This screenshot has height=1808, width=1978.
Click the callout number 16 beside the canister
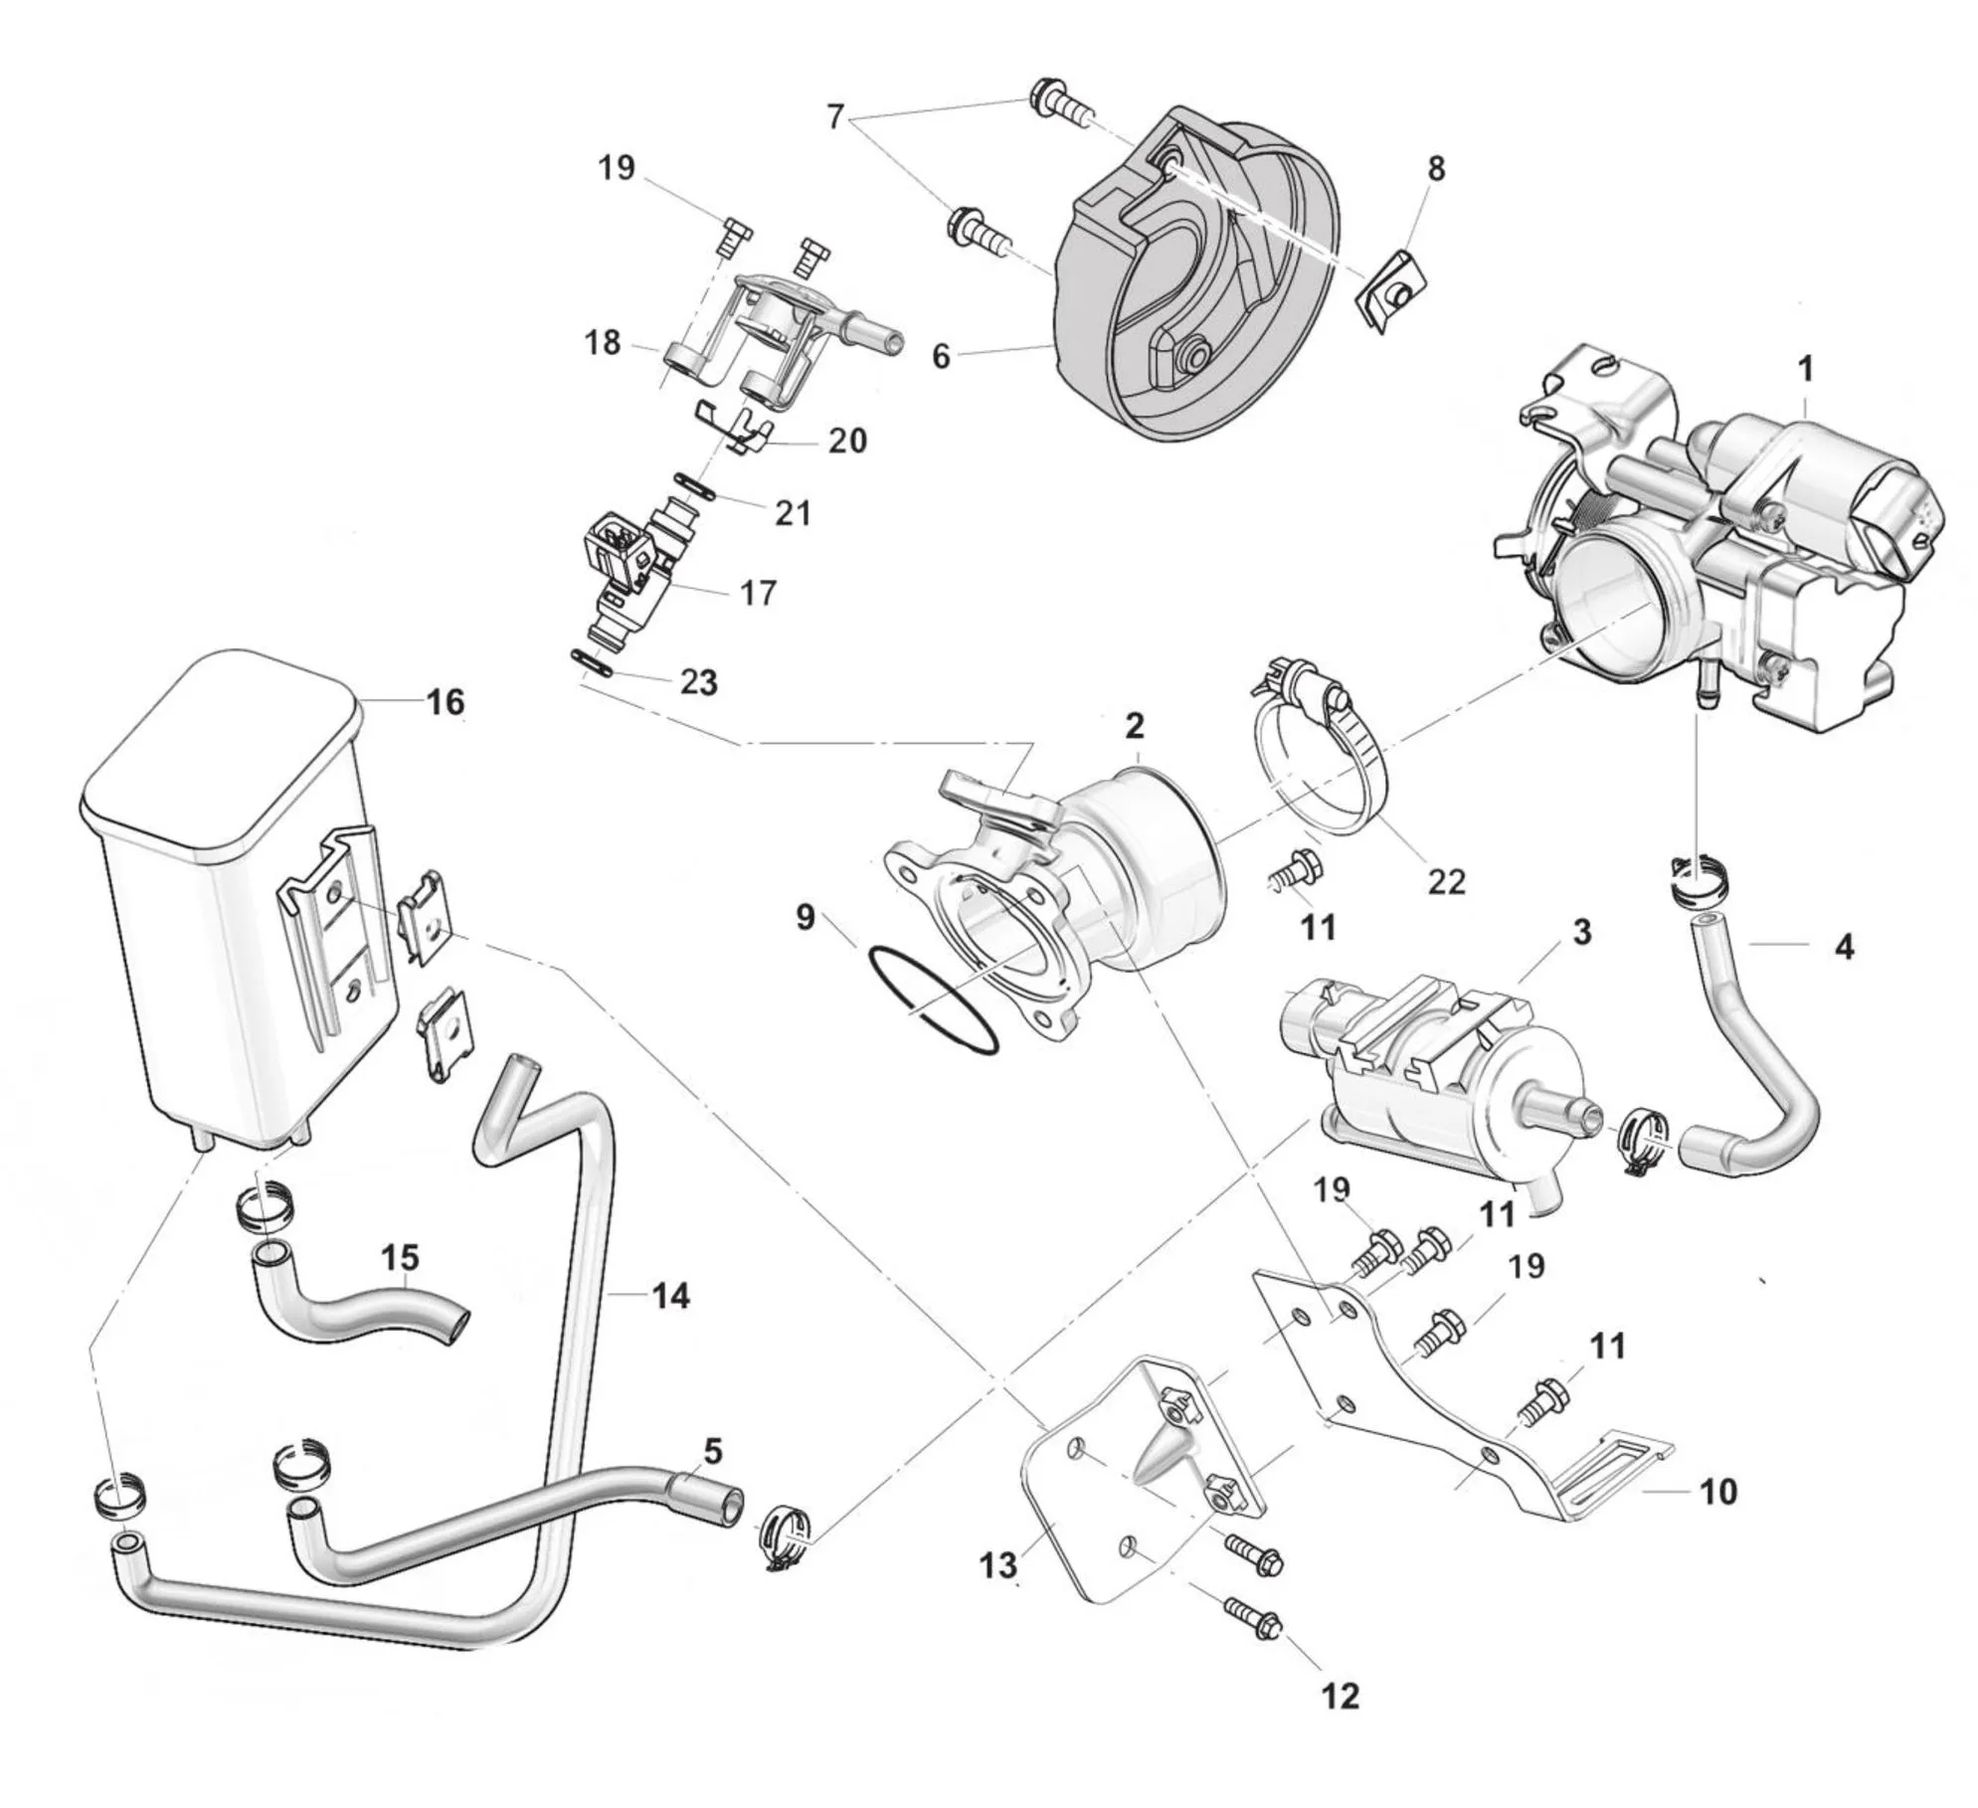click(445, 703)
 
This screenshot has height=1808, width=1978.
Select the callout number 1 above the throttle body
click(1805, 370)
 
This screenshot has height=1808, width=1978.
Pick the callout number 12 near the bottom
click(1339, 1696)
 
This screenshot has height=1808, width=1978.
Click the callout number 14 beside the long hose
click(670, 1296)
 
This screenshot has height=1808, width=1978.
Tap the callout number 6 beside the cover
click(941, 355)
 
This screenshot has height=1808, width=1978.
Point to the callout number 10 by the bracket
click(1718, 1519)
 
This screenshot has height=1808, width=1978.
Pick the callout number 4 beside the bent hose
click(1843, 947)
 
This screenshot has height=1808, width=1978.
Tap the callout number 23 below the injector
click(698, 683)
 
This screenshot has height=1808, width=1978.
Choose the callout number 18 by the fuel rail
click(603, 343)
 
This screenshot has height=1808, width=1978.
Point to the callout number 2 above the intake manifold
click(1135, 726)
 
